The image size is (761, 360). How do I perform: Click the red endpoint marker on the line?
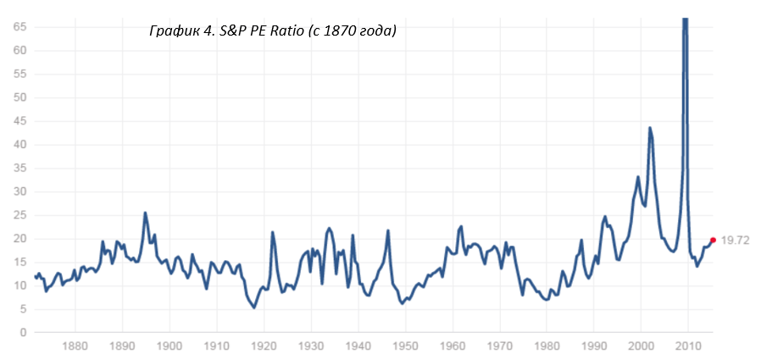[x=713, y=240]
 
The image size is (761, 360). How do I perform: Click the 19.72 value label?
[x=737, y=241]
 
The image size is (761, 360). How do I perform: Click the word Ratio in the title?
[x=292, y=31]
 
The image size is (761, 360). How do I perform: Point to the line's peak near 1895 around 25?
[x=145, y=213]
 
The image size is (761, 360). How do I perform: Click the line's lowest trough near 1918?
[x=253, y=307]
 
